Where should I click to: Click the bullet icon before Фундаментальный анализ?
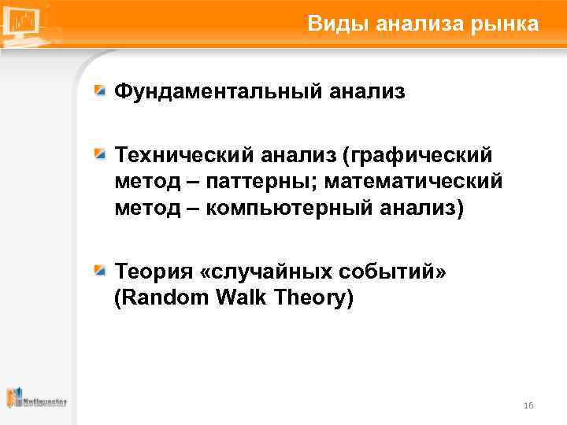(x=100, y=91)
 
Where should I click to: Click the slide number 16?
(x=528, y=405)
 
